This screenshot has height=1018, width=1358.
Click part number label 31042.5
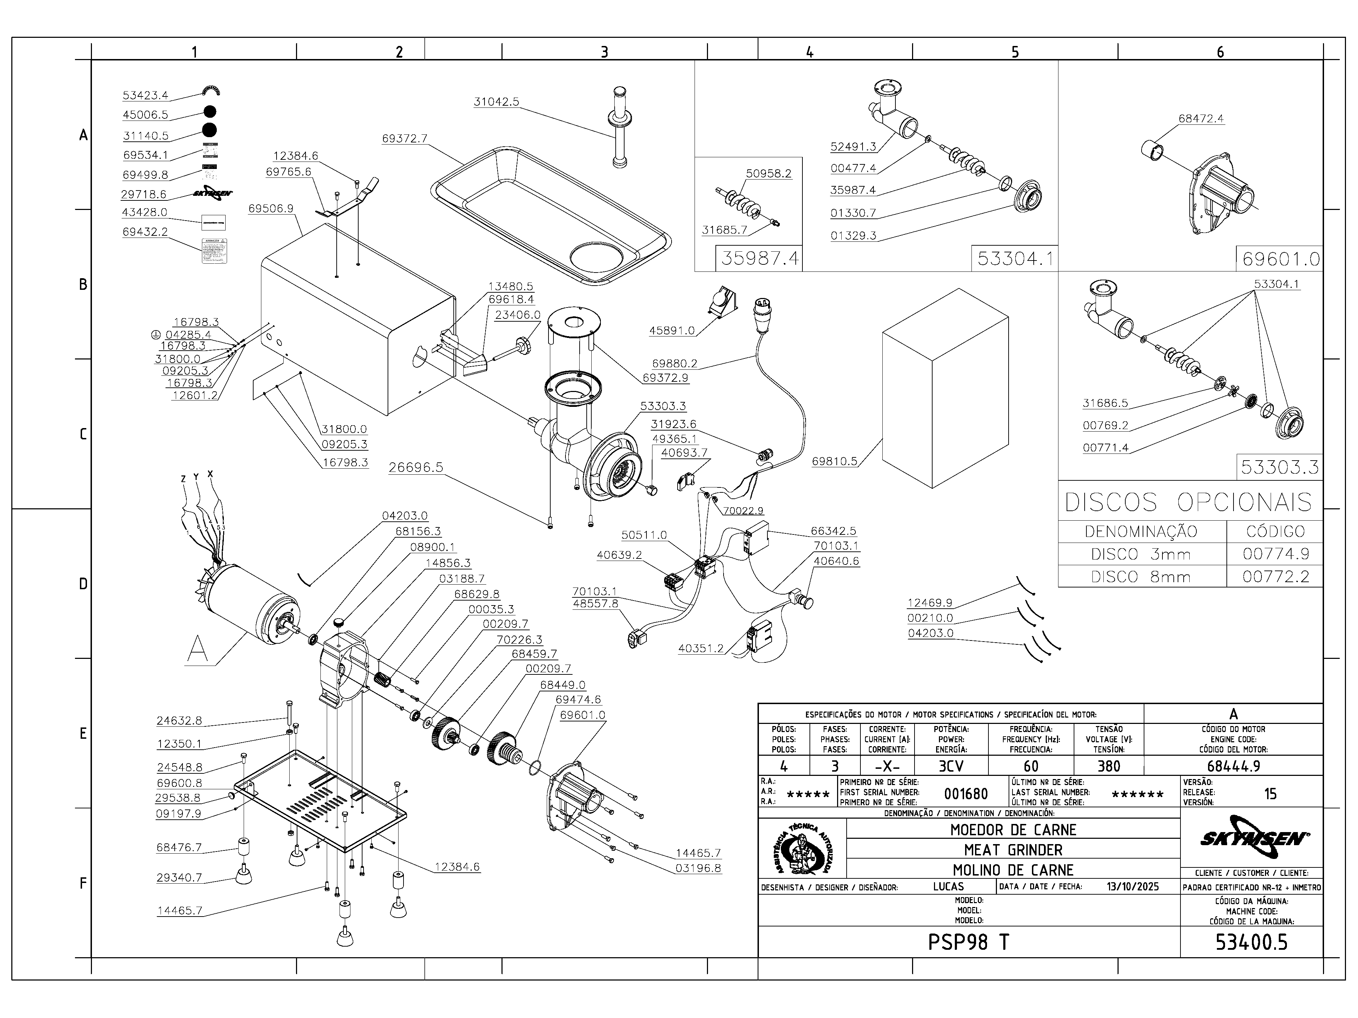pyautogui.click(x=496, y=102)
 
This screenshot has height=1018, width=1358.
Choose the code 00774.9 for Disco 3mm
pyautogui.click(x=1275, y=554)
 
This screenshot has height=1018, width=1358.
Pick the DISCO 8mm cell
pyautogui.click(x=1140, y=577)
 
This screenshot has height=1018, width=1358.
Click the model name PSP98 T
pyautogui.click(x=968, y=942)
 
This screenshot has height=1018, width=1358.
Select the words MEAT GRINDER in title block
pyautogui.click(x=1013, y=850)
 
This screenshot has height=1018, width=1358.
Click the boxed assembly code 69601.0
pyautogui.click(x=1281, y=259)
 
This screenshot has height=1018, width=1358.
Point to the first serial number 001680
pyautogui.click(x=966, y=794)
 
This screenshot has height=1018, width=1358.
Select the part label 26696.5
pyautogui.click(x=416, y=468)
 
